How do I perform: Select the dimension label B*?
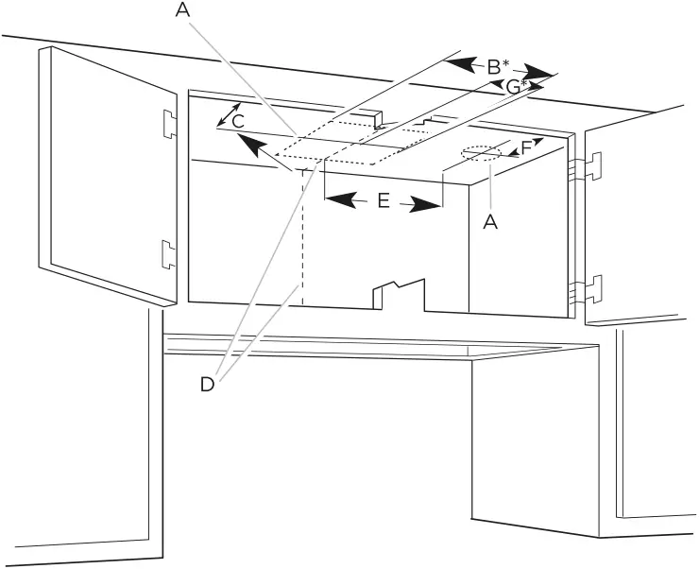[497, 68]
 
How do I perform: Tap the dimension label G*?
[516, 87]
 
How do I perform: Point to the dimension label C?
[239, 121]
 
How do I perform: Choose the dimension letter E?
[383, 201]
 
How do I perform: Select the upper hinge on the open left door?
[168, 122]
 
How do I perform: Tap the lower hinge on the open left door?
[167, 252]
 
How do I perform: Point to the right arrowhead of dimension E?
[427, 204]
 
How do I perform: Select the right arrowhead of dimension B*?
[539, 74]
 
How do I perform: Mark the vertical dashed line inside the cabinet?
[301, 236]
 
